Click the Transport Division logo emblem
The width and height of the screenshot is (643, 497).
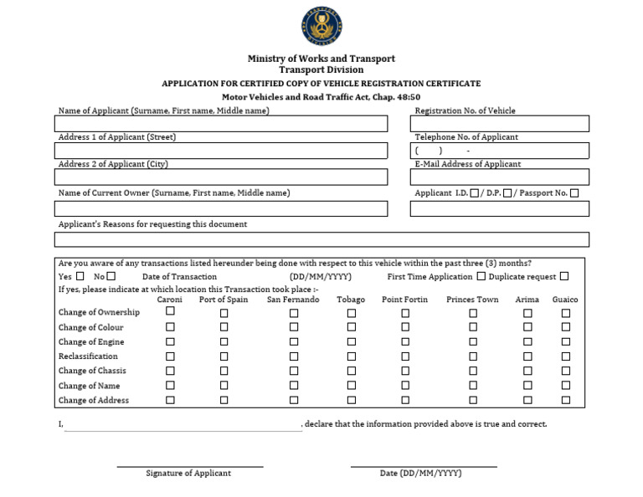(x=321, y=26)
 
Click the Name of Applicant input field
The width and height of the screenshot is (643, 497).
(x=221, y=124)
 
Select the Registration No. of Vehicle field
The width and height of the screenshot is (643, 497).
(x=499, y=124)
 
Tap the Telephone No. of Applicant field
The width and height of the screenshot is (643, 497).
(x=499, y=151)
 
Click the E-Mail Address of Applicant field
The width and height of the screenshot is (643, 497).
(x=499, y=177)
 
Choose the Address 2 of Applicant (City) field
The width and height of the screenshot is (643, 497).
(x=221, y=177)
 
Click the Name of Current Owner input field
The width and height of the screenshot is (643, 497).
(x=221, y=208)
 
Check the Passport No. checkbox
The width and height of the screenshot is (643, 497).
(x=574, y=193)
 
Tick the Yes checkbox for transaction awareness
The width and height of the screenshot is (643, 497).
(x=80, y=276)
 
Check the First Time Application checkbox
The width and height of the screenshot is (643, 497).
(x=481, y=276)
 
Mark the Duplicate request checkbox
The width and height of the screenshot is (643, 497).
(x=564, y=276)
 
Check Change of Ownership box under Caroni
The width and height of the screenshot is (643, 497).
(x=170, y=311)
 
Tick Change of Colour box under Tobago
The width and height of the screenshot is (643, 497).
(x=352, y=328)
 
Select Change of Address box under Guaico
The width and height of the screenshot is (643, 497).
(x=566, y=401)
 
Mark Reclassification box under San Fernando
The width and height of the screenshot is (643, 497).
(x=294, y=356)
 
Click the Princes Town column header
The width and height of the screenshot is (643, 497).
(x=472, y=300)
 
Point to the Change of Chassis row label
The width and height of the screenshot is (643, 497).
(x=92, y=371)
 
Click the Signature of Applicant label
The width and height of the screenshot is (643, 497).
(x=188, y=474)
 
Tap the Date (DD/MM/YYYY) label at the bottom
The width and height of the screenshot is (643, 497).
(x=420, y=474)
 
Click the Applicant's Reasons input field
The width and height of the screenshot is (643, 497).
(x=321, y=239)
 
